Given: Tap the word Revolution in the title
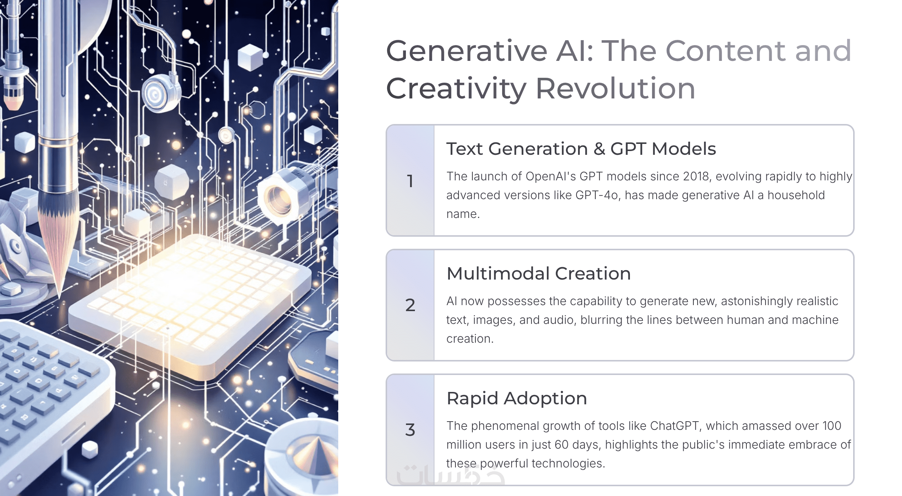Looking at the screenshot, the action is pos(615,89).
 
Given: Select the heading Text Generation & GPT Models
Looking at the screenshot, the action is pos(581,149).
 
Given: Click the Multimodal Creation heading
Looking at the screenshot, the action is pos(539,274).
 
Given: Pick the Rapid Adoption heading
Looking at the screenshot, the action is pos(517,398).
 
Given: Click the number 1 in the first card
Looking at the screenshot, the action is pos(410,181).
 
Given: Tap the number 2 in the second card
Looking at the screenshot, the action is pos(410,305).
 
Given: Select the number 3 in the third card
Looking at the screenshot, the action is pos(410,429).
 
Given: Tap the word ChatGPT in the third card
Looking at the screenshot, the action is pos(675,426).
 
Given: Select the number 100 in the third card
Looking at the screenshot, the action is pos(832,426).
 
